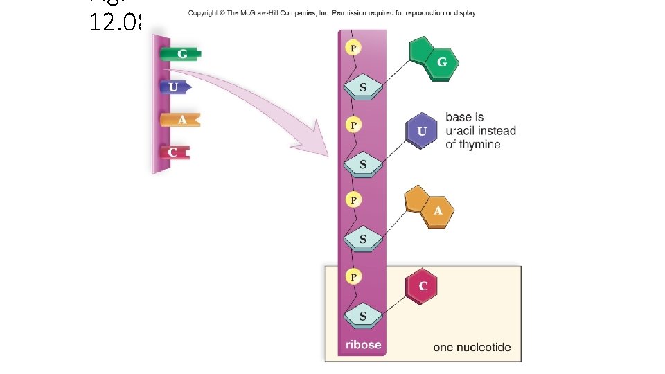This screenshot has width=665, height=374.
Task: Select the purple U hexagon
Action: coord(422,132)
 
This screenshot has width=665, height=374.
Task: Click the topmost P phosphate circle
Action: coord(354,48)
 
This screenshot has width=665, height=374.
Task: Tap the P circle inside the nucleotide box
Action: coord(354,277)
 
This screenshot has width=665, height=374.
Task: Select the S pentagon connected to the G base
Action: coord(363,88)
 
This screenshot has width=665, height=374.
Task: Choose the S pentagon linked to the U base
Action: coord(363,165)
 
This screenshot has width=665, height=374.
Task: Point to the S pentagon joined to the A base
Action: coord(363,240)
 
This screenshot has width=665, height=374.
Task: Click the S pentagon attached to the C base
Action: coord(363,316)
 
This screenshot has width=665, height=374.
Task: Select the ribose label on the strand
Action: coord(363,345)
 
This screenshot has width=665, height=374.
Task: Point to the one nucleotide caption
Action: coord(472,347)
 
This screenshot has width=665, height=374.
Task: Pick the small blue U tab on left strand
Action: coord(175,87)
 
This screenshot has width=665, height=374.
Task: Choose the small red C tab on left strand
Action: coord(173,151)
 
